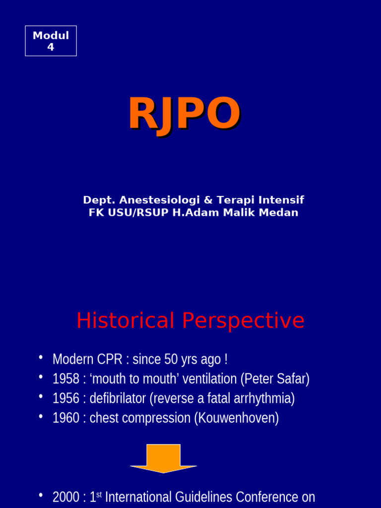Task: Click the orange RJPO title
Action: tap(185, 115)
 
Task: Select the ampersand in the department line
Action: tap(208, 200)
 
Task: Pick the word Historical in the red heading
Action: tap(126, 320)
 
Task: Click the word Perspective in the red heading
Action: tap(243, 321)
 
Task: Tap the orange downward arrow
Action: tap(164, 458)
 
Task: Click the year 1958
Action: tap(66, 379)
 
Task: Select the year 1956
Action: tap(66, 398)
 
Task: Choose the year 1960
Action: tap(66, 418)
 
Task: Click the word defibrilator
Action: tap(118, 398)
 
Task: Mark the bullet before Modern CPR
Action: tap(41, 357)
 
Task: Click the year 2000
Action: tap(66, 497)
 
